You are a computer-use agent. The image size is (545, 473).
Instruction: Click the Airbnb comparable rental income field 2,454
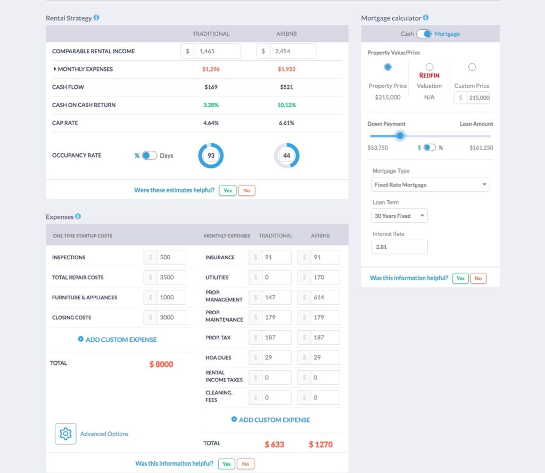click(x=292, y=51)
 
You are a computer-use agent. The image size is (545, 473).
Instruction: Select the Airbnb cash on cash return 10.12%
click(x=286, y=105)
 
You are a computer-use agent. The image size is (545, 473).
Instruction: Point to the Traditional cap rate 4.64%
click(x=211, y=123)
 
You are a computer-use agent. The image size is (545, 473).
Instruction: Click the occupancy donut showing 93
click(x=211, y=156)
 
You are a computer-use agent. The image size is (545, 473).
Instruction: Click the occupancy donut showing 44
click(x=287, y=156)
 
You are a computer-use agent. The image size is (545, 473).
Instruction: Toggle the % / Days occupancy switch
click(x=149, y=156)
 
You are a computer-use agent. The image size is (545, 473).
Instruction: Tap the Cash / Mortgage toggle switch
click(x=424, y=34)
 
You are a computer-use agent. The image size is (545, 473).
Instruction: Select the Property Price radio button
click(x=387, y=67)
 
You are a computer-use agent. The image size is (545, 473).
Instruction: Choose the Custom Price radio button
click(x=472, y=67)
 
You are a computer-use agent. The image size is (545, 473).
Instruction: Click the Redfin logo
click(x=430, y=76)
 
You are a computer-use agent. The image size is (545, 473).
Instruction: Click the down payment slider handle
click(x=401, y=136)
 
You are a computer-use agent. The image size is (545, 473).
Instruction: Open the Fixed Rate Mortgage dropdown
click(x=430, y=184)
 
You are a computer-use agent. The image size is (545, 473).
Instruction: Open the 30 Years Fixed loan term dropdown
click(x=399, y=216)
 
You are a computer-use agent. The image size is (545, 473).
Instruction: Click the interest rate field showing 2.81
click(x=399, y=247)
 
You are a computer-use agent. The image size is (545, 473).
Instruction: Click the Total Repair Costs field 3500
click(x=170, y=278)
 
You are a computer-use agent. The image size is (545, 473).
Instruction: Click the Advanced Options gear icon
click(x=65, y=434)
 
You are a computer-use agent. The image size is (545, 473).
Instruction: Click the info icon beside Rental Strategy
click(x=96, y=18)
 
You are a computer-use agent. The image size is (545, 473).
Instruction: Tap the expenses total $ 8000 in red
click(x=161, y=364)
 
